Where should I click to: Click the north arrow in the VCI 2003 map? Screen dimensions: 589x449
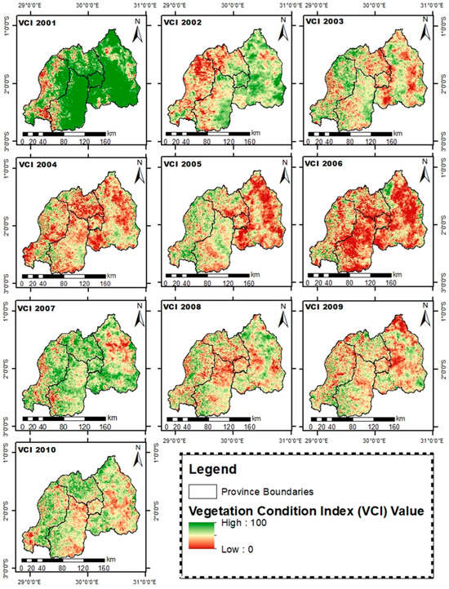[425, 32]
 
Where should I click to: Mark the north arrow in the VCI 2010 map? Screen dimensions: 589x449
[140, 459]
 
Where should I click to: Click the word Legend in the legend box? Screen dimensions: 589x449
[213, 471]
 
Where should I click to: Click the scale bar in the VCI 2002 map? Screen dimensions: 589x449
[207, 132]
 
